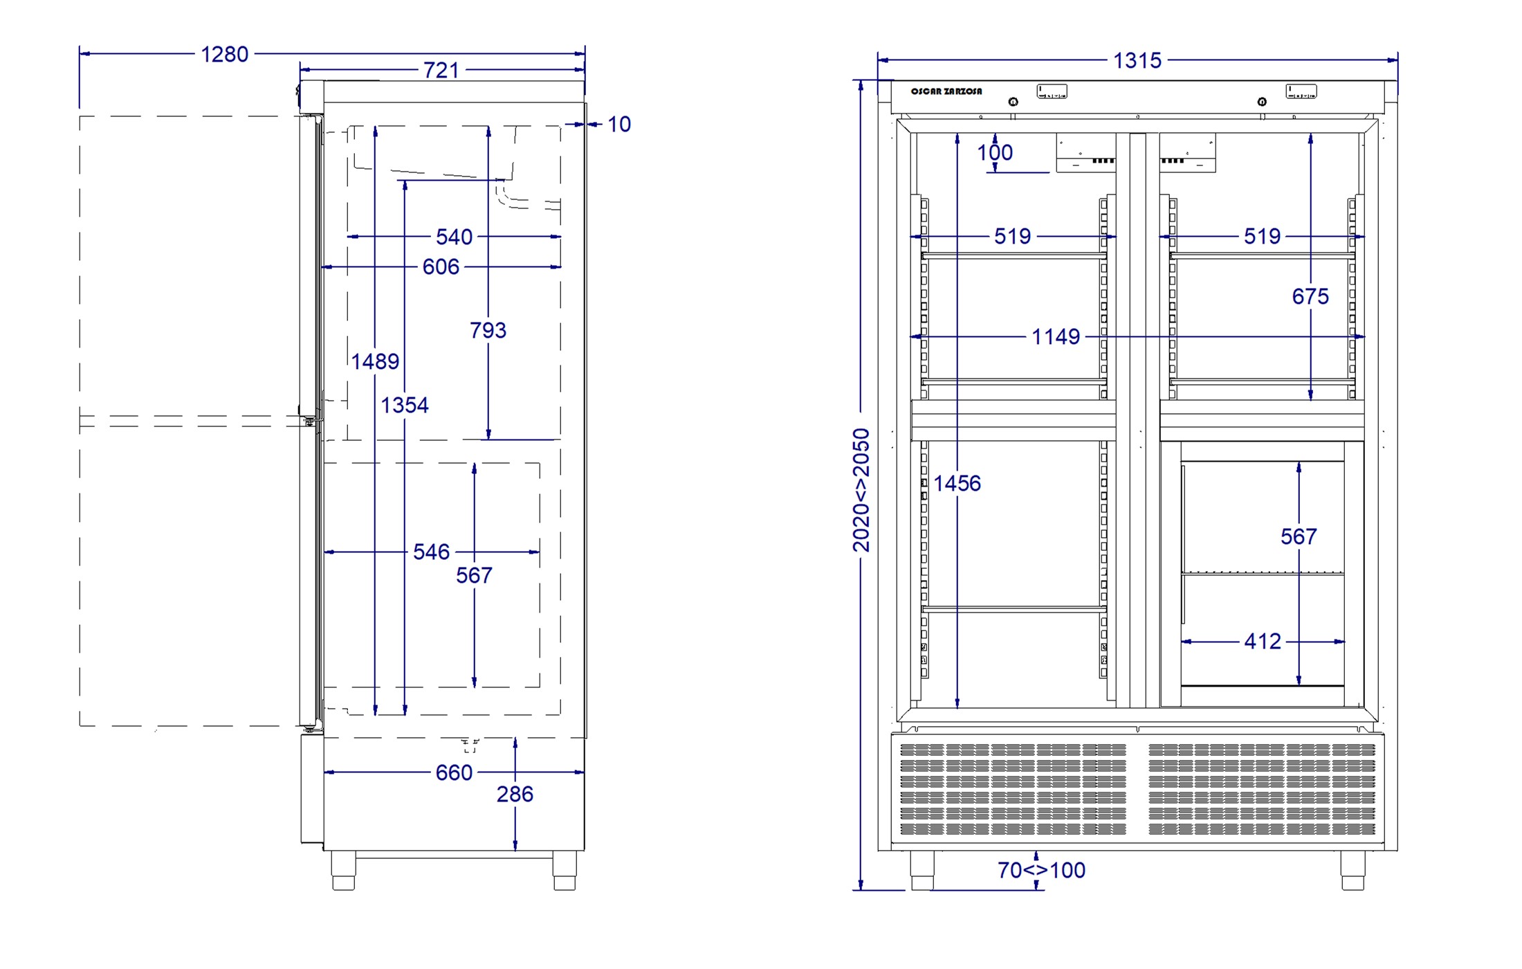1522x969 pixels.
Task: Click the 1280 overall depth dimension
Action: click(224, 54)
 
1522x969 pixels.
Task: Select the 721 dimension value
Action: click(441, 70)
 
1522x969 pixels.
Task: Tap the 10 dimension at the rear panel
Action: click(619, 125)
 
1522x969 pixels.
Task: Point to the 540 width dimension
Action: click(455, 237)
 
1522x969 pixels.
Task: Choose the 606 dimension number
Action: click(441, 266)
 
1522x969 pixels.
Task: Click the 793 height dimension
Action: click(488, 330)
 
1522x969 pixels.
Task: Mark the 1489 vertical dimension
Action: click(375, 361)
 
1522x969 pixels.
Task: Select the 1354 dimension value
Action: click(405, 405)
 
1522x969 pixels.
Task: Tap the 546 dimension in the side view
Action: click(431, 552)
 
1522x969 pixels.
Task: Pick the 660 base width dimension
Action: click(454, 772)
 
